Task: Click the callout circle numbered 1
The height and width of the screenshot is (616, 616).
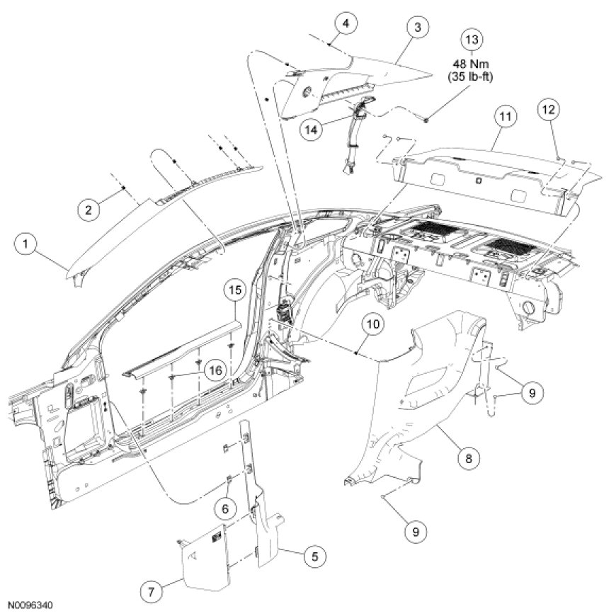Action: tap(26, 245)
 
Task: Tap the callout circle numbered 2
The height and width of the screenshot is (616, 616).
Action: tap(88, 209)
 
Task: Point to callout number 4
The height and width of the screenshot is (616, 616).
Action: tap(345, 24)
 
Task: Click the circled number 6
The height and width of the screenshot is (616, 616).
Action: tap(225, 508)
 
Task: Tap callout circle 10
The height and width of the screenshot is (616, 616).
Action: tap(373, 324)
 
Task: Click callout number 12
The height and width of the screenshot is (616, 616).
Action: tap(549, 109)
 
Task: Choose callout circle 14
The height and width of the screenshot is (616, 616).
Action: tap(311, 129)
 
